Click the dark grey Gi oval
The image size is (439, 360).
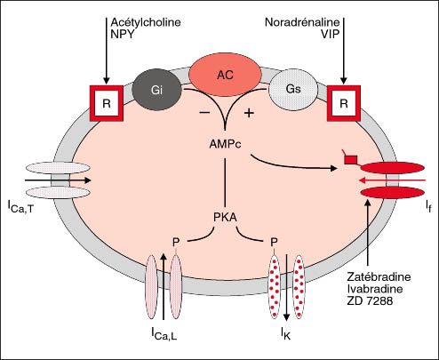156,90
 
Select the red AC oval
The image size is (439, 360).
225,75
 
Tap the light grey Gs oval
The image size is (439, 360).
293,90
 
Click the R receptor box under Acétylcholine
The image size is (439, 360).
107,103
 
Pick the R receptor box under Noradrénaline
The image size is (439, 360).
344,103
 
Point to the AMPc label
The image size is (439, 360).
225,144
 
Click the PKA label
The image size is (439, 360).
225,218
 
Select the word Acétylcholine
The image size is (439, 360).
146,22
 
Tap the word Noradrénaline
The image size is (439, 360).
302,22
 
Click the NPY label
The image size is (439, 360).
123,34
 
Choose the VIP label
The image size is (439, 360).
330,34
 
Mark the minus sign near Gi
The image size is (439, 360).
204,113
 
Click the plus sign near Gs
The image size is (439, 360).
249,113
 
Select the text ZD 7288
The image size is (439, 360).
370,301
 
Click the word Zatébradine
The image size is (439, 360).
379,276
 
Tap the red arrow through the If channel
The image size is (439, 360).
392,180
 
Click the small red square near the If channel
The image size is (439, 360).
351,160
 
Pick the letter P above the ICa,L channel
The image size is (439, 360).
176,243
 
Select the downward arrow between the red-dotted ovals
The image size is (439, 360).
286,286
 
